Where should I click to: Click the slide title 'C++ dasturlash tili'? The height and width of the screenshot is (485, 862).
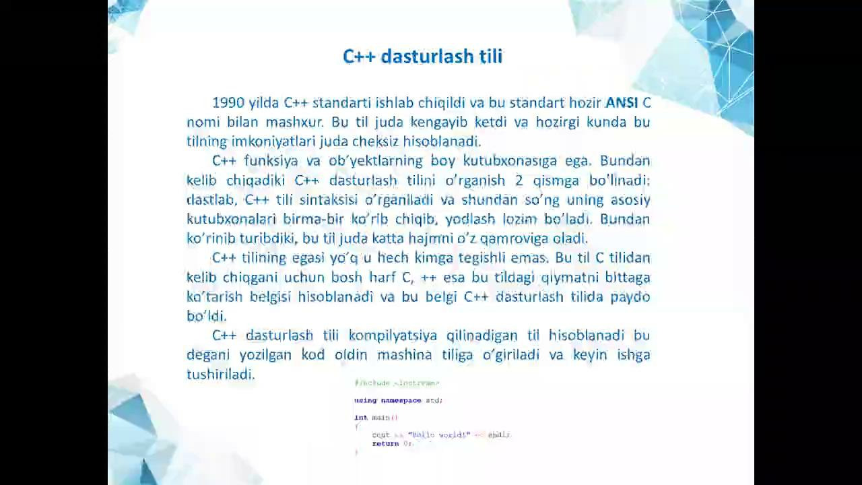[x=422, y=57]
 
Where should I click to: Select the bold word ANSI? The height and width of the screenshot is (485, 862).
[x=622, y=103]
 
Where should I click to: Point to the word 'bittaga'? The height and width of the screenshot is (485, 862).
[x=626, y=278]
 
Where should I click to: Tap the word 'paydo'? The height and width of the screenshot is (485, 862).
[x=630, y=297]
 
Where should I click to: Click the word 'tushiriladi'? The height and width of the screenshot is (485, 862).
[x=220, y=375]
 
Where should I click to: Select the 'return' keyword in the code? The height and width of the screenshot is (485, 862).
[x=385, y=444]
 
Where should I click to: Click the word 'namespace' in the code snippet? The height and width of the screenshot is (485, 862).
[x=401, y=401]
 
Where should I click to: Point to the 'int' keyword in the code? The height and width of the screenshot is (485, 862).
[x=361, y=418]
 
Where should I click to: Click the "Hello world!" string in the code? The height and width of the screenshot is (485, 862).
[x=438, y=435]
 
